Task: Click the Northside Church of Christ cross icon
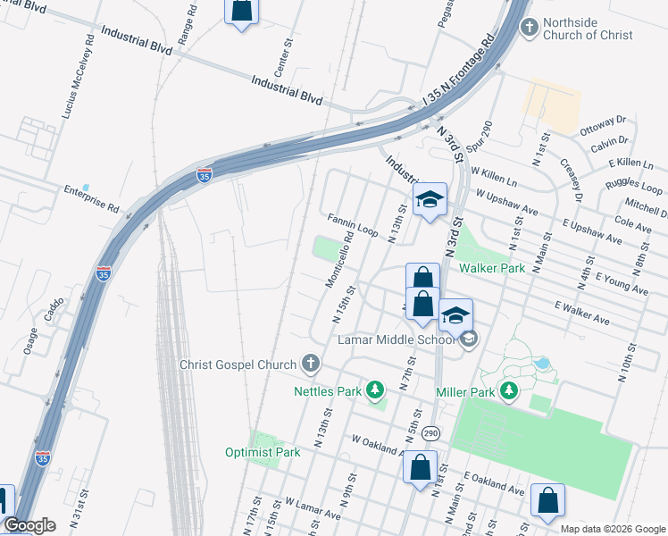(530, 27)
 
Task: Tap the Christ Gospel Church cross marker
(310, 363)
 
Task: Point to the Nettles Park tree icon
(376, 390)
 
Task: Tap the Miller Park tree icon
(509, 390)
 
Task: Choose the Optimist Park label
(263, 452)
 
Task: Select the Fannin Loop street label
(352, 223)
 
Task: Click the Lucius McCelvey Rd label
(78, 78)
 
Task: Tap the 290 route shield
(431, 432)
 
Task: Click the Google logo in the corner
(29, 525)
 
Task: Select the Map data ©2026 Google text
(613, 529)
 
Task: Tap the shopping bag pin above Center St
(241, 12)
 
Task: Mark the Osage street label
(32, 339)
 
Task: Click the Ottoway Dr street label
(604, 125)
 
